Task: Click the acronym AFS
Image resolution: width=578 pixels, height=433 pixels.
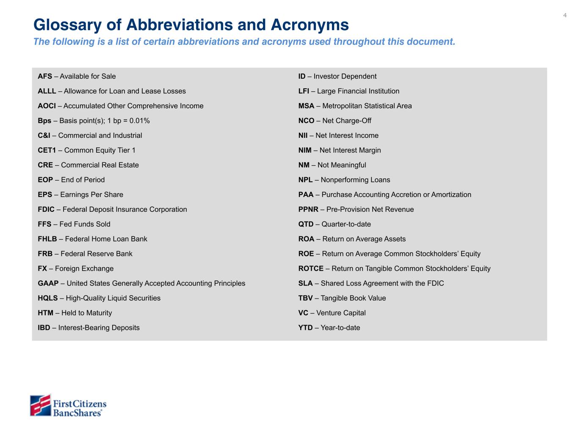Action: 45,77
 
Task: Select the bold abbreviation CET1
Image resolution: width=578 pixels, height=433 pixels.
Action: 47,151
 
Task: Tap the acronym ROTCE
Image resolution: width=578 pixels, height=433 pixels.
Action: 311,269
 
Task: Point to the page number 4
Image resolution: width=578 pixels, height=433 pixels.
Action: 565,16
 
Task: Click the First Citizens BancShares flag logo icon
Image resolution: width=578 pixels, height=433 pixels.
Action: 40,406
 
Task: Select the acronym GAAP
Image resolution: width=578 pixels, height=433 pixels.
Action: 48,284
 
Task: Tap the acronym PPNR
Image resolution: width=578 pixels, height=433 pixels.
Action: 308,210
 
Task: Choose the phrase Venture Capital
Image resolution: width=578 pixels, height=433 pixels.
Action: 341,313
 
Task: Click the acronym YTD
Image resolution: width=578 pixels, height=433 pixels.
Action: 305,328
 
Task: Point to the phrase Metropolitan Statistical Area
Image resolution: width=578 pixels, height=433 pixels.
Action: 367,106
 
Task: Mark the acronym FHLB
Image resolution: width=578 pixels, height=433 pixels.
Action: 47,239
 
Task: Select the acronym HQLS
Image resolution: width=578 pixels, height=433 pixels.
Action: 48,299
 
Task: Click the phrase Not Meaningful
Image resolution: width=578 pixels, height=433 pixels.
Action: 342,165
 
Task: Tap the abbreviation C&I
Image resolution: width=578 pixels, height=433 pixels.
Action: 44,136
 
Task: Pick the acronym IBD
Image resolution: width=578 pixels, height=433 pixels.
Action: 44,328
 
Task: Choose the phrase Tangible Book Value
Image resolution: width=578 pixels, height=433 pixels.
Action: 353,299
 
